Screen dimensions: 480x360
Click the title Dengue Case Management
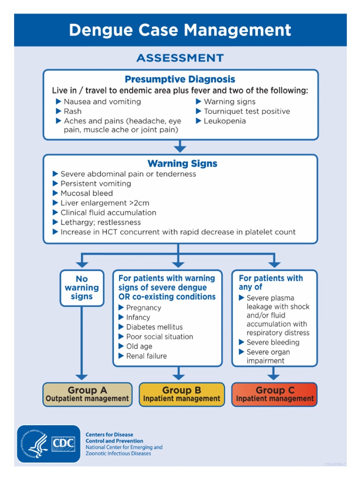[x=180, y=30]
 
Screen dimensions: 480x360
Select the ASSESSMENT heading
[x=180, y=58]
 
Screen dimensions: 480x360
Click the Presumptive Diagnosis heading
[x=180, y=79]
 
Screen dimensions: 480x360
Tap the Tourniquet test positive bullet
[x=247, y=111]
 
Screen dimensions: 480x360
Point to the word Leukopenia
[x=225, y=121]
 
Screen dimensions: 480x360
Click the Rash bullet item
[x=73, y=111]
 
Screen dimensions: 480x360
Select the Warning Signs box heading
[x=182, y=164]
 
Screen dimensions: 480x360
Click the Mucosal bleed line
[x=86, y=193]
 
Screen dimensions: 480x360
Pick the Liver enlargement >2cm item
[x=105, y=203]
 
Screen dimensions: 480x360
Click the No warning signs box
[x=82, y=287]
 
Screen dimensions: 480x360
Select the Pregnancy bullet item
[x=143, y=307]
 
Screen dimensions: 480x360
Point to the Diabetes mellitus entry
[x=154, y=327]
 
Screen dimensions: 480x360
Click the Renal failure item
[x=146, y=356]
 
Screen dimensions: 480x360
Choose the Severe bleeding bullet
[x=272, y=342]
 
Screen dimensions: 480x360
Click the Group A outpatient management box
[x=87, y=394]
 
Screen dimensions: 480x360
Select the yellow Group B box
[x=181, y=394]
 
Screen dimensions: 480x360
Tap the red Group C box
[x=275, y=394]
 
